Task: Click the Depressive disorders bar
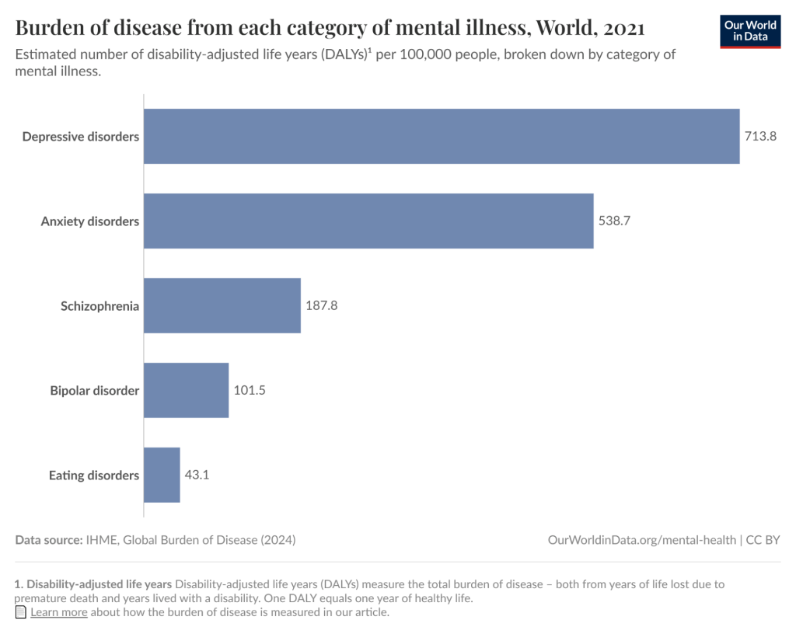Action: tap(442, 136)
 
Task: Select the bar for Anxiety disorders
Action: tap(368, 221)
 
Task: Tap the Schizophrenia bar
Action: tap(222, 305)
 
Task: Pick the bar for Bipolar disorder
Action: tap(187, 390)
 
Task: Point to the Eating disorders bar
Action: tap(162, 475)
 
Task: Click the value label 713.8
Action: tap(761, 137)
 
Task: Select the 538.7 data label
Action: tap(614, 221)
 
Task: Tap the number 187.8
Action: tap(321, 306)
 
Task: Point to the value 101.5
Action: tap(250, 391)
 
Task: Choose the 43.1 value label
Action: tap(197, 475)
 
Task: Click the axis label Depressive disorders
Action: tap(81, 137)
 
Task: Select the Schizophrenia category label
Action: tap(100, 306)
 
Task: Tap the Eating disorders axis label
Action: tap(94, 475)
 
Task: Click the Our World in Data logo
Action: tap(749, 30)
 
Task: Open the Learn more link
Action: tap(59, 612)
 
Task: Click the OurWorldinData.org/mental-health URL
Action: tap(641, 540)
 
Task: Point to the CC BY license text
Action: tap(763, 540)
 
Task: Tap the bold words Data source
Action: tap(48, 540)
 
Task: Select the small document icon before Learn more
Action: tap(21, 612)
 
